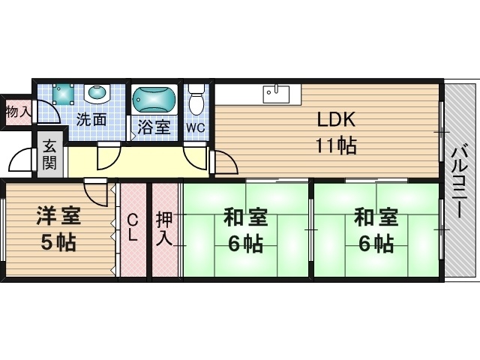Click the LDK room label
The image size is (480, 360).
336,119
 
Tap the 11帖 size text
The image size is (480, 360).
336,145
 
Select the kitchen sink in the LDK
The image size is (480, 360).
276,94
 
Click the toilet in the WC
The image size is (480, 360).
196,99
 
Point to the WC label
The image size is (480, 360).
196,127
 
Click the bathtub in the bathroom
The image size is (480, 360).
154,100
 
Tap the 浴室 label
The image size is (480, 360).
154,127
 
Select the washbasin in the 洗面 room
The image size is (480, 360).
97,94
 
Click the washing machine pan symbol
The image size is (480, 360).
63,94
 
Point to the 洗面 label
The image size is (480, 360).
91,119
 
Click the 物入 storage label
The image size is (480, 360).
19,112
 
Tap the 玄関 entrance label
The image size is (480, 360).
49,154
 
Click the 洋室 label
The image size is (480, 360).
58,216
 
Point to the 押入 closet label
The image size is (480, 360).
165,228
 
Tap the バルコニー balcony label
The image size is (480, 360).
460,182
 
